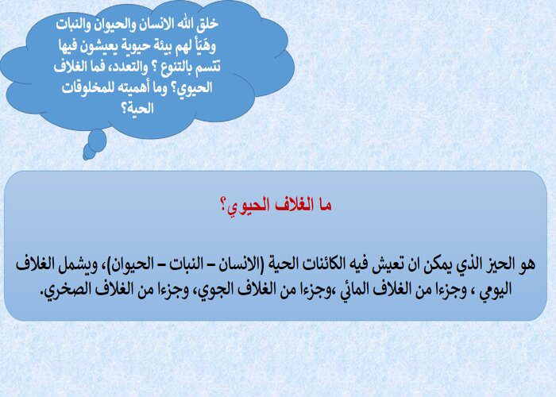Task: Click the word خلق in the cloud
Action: click(x=208, y=24)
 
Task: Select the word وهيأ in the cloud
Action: click(x=204, y=44)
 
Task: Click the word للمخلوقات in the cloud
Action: click(x=84, y=87)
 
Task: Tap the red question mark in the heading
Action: click(x=223, y=205)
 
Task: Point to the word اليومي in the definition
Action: click(x=496, y=290)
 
